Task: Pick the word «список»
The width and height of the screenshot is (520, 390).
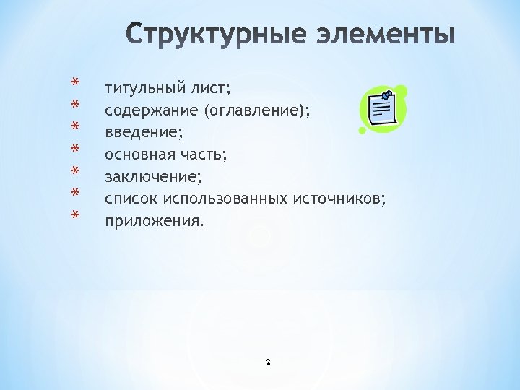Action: tap(131, 198)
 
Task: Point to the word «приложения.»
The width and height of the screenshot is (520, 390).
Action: tap(154, 220)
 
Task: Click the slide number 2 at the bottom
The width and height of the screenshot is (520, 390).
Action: tap(268, 361)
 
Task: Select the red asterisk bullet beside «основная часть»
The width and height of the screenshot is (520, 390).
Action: tap(74, 149)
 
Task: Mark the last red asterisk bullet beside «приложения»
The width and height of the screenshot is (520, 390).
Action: tap(74, 215)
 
